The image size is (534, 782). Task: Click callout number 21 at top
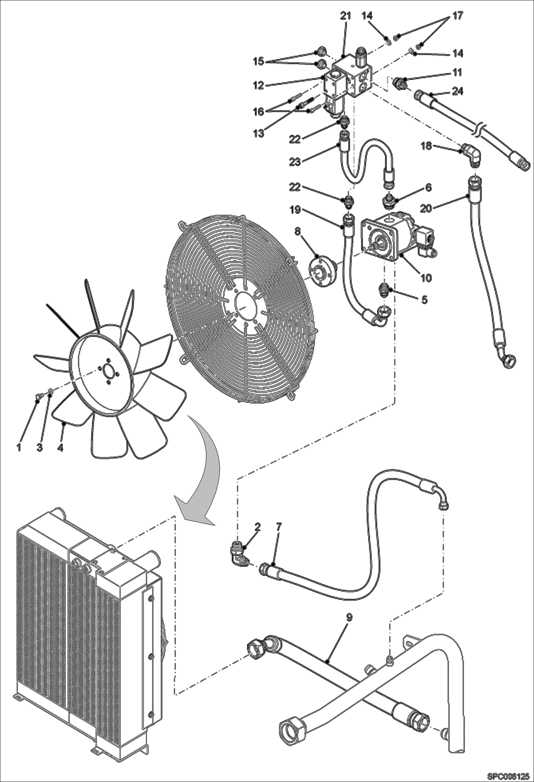(345, 16)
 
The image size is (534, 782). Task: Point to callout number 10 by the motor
(426, 277)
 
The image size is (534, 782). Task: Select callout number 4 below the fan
(60, 447)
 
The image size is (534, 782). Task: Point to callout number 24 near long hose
(458, 91)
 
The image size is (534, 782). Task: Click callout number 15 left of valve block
(259, 62)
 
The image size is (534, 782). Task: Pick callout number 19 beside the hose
(295, 210)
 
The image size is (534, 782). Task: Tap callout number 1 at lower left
(19, 447)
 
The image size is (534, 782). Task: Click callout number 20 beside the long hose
(426, 209)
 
